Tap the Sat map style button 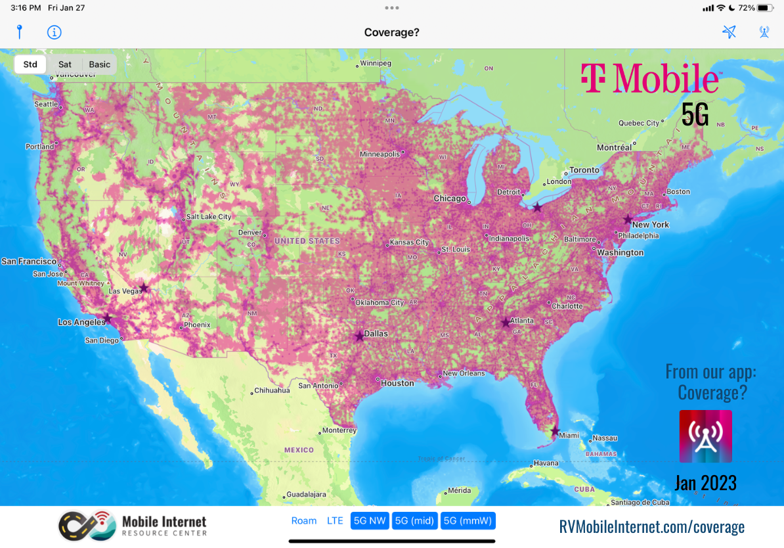pyautogui.click(x=65, y=64)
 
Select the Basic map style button pyautogui.click(x=100, y=64)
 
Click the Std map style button pyautogui.click(x=30, y=64)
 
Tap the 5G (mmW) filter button pyautogui.click(x=468, y=521)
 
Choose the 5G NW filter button pyautogui.click(x=370, y=521)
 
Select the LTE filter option pyautogui.click(x=335, y=521)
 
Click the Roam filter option pyautogui.click(x=304, y=521)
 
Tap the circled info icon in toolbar pyautogui.click(x=54, y=32)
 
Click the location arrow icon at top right pyautogui.click(x=729, y=32)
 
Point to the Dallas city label pyautogui.click(x=376, y=334)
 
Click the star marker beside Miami pyautogui.click(x=555, y=432)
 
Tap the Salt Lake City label pyautogui.click(x=208, y=217)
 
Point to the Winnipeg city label pyautogui.click(x=375, y=64)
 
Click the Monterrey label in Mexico pyautogui.click(x=339, y=431)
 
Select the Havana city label pyautogui.click(x=546, y=463)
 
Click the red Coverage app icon pyautogui.click(x=705, y=436)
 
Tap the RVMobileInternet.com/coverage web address pyautogui.click(x=651, y=526)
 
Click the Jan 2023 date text pyautogui.click(x=705, y=484)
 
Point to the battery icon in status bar pyautogui.click(x=765, y=8)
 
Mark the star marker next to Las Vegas pyautogui.click(x=144, y=287)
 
